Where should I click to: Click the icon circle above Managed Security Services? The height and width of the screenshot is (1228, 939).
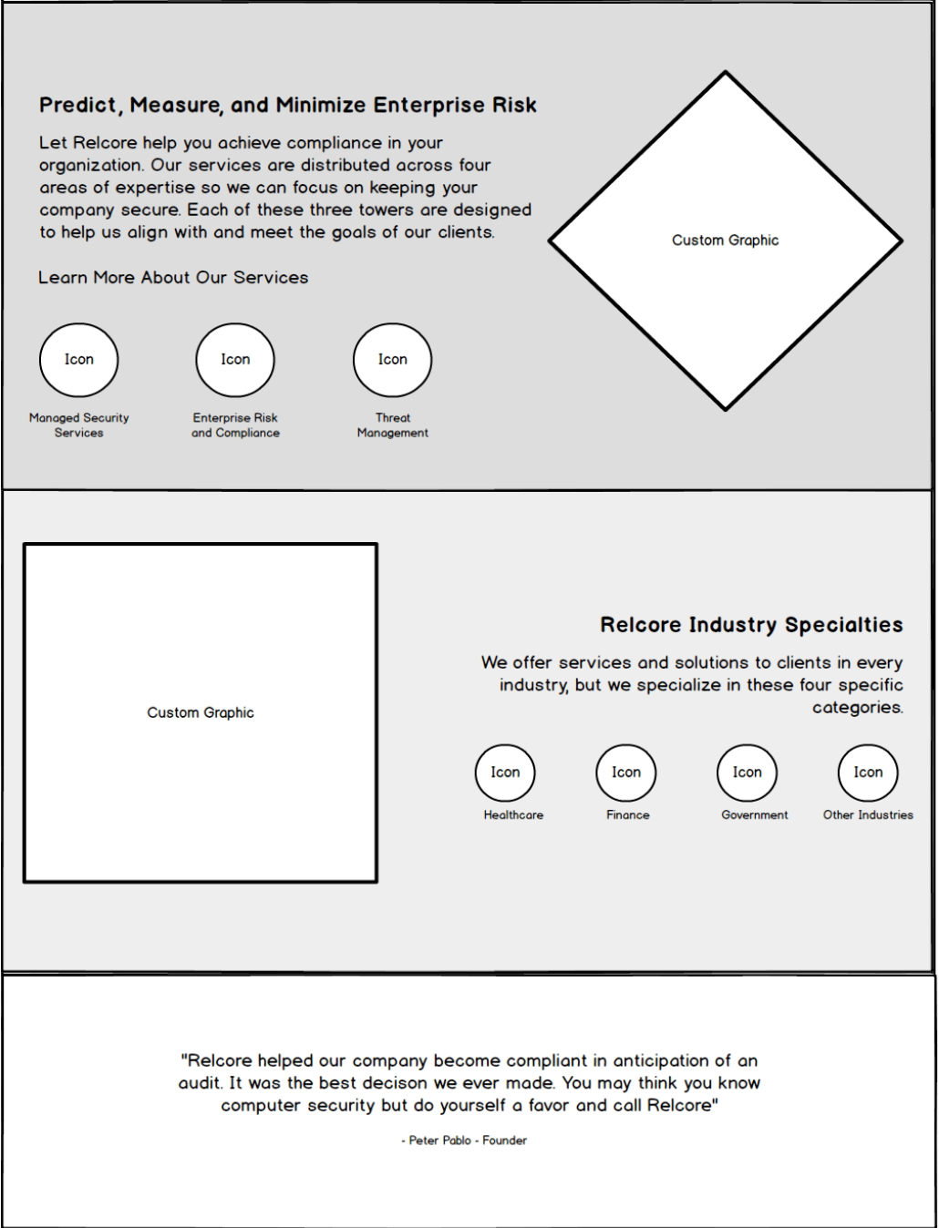coord(79,360)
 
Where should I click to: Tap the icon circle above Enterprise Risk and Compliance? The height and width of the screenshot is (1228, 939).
coord(235,360)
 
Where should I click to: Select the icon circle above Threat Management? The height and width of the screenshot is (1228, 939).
coord(393,360)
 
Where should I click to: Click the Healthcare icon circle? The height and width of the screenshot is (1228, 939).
coord(505,773)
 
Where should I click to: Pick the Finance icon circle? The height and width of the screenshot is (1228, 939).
coord(626,773)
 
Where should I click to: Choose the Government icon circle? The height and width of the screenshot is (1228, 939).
coord(748,773)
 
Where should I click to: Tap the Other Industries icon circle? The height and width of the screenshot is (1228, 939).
coord(868,773)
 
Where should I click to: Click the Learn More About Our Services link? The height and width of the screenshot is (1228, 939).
coord(173,278)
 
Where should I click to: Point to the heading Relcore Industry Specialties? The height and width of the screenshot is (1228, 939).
coord(751,625)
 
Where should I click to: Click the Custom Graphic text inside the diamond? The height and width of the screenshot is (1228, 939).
coord(726,240)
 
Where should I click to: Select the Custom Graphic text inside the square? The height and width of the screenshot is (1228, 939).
coord(201,712)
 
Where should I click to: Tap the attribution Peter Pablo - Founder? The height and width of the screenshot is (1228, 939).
coord(464,1141)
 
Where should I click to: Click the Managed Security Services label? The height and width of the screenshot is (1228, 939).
coord(79,425)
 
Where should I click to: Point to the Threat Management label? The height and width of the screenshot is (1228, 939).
coord(393,425)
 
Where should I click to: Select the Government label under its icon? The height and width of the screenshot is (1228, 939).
coord(755,815)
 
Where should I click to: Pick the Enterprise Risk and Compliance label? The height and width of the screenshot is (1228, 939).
coord(235,425)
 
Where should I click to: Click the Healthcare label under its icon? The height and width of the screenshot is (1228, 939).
coord(513,815)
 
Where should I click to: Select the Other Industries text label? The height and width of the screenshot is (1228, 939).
coord(868,815)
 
